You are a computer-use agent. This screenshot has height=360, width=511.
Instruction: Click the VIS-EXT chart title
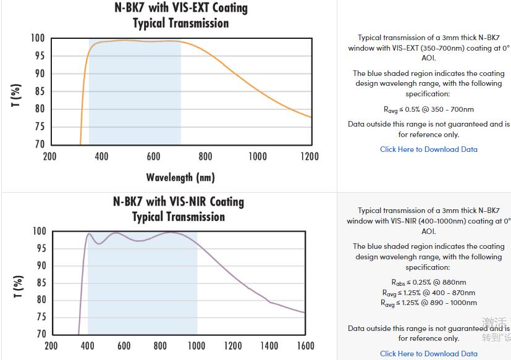[x=180, y=15]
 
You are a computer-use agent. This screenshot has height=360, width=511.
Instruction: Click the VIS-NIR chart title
[x=179, y=209]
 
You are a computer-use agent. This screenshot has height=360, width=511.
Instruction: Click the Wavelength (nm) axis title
[x=180, y=178]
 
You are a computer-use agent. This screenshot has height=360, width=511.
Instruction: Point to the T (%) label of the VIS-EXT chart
[x=17, y=95]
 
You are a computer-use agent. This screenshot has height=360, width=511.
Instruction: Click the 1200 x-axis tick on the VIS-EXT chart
[x=310, y=156]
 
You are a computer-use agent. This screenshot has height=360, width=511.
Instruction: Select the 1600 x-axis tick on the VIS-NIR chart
[x=305, y=346]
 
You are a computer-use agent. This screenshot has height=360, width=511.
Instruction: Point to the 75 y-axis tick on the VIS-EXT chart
[x=38, y=127]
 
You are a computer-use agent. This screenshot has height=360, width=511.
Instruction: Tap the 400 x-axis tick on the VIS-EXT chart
[x=102, y=156]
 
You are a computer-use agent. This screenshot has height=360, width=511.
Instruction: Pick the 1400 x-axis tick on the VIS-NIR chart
[x=269, y=346]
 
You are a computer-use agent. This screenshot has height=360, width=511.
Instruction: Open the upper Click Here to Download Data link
[x=428, y=149]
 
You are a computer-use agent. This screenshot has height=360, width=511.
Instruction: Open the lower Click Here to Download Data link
[x=428, y=354]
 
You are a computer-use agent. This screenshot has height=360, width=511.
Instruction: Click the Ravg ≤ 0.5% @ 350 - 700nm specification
[x=428, y=109]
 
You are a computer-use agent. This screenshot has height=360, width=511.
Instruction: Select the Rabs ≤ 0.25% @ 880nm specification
[x=428, y=282]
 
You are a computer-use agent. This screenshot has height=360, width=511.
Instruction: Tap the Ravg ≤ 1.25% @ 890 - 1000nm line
[x=428, y=303]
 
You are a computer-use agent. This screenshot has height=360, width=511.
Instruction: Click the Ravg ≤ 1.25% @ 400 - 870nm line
[x=428, y=293]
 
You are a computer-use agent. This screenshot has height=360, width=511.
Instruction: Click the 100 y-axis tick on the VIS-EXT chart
[x=37, y=38]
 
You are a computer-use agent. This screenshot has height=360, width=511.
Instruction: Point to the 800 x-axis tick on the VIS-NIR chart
[x=160, y=346]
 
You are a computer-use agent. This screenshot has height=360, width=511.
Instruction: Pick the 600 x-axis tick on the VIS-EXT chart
[x=154, y=156]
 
